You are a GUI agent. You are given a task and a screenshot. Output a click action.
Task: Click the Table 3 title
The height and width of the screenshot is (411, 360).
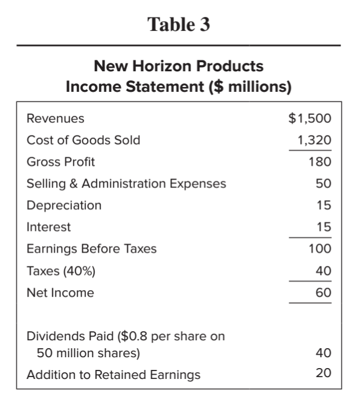[x=179, y=26]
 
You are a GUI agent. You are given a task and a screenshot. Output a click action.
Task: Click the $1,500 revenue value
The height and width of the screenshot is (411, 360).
[x=310, y=118]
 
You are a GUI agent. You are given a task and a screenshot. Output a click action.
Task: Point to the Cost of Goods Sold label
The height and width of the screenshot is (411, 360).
[x=83, y=140]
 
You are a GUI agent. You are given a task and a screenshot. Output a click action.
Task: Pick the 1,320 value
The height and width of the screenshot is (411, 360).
[x=315, y=140]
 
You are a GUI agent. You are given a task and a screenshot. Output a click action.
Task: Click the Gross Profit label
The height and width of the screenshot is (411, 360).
[x=60, y=161]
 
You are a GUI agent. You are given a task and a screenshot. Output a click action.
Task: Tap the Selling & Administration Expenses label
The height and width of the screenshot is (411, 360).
[x=126, y=183]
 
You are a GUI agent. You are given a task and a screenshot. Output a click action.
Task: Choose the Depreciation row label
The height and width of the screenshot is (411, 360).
[x=64, y=205]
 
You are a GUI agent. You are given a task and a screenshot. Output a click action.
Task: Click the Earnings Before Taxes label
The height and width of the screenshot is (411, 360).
[x=91, y=249]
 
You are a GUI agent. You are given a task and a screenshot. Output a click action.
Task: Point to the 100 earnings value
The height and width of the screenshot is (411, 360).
[x=321, y=249]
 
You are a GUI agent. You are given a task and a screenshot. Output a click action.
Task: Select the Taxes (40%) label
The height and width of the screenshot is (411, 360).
[x=60, y=271]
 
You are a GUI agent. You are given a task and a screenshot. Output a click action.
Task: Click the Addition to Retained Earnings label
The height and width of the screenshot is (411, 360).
[x=114, y=375]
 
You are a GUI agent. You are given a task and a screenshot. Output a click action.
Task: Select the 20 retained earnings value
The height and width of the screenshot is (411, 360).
[x=324, y=374]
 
